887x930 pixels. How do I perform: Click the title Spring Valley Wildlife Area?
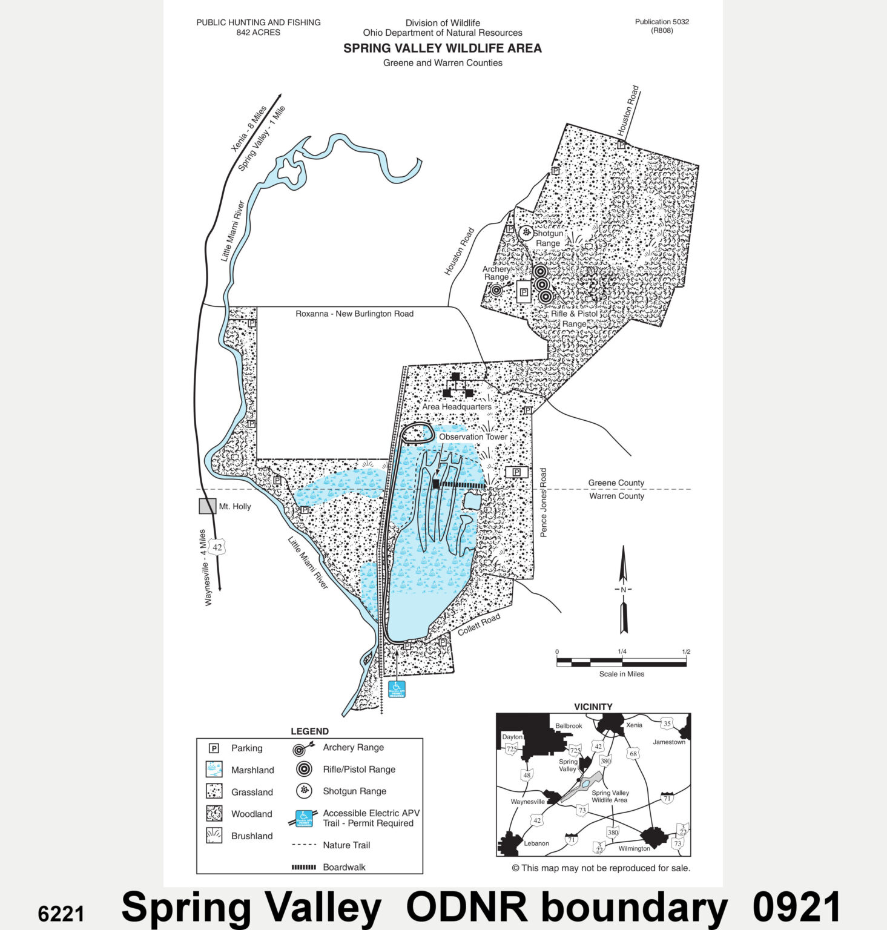tap(442, 48)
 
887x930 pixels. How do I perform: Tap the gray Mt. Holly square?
tap(208, 506)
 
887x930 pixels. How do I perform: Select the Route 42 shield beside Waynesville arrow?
tap(217, 547)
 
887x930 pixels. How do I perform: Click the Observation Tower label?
tap(473, 437)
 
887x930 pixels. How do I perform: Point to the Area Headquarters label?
tap(457, 407)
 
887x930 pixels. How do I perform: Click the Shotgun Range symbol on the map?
tap(526, 232)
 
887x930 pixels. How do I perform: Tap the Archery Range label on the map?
tap(496, 273)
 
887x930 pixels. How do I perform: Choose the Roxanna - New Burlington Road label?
tap(354, 314)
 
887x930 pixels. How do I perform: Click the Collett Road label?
tap(479, 624)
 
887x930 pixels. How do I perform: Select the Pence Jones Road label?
tap(543, 502)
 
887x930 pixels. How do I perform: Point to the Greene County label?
tap(616, 483)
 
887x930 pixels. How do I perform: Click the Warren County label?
tap(616, 496)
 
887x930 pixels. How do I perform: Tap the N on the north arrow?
tap(623, 590)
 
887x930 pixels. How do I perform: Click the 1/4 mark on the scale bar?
tap(622, 652)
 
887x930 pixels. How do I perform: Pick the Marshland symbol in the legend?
tap(214, 770)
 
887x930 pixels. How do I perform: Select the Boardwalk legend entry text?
tap(344, 867)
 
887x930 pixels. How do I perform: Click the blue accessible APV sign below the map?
tap(397, 689)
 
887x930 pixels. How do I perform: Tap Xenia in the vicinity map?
tap(634, 725)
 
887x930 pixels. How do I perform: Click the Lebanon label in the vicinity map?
tap(536, 843)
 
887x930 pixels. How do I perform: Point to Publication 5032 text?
tap(662, 22)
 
